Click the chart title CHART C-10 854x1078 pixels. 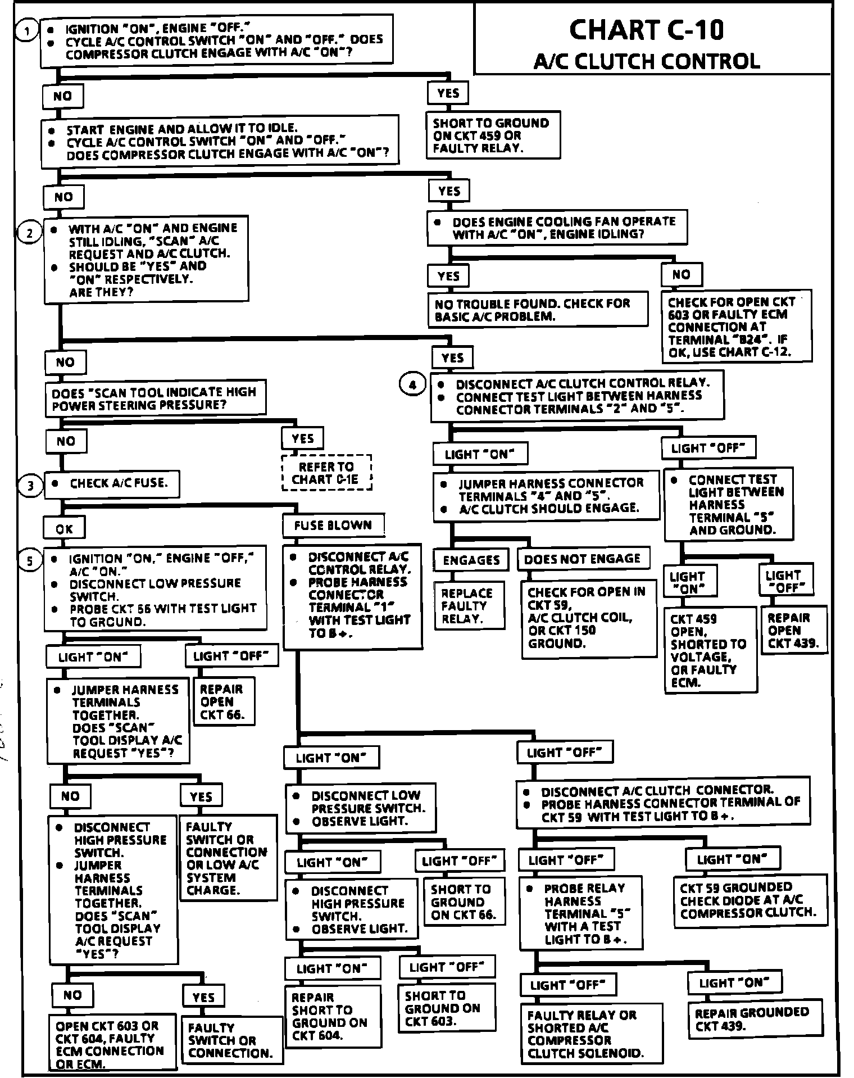tap(646, 29)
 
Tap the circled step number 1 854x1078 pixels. tap(26, 30)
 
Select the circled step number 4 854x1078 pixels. tap(413, 385)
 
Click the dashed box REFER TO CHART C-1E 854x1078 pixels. tap(326, 473)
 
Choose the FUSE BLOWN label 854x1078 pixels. tap(333, 526)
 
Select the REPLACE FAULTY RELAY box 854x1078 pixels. tap(467, 606)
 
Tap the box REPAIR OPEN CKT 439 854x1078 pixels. tap(793, 630)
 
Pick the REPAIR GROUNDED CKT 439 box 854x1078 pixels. tap(752, 1019)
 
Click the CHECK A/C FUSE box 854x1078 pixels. tap(112, 483)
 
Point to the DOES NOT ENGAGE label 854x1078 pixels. tap(582, 559)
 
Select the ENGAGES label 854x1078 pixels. tap(471, 560)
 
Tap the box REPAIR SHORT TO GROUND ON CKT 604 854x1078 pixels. tap(331, 1016)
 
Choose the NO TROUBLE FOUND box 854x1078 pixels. tap(537, 310)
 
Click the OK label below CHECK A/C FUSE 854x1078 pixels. tap(65, 529)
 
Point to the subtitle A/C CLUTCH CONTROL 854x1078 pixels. tap(646, 61)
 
